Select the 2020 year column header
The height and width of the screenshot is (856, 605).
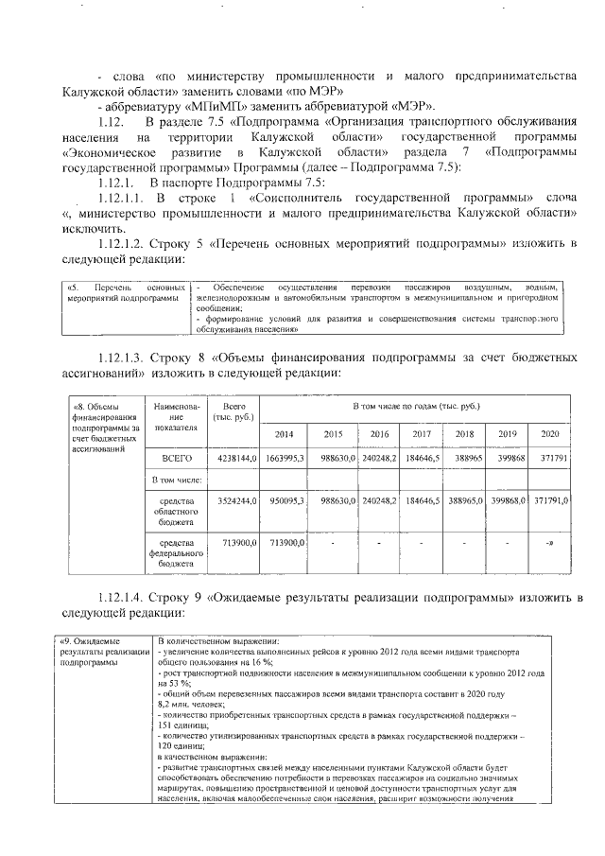548,434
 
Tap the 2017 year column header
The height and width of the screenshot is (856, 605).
422,434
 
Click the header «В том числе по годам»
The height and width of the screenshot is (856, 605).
416,406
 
